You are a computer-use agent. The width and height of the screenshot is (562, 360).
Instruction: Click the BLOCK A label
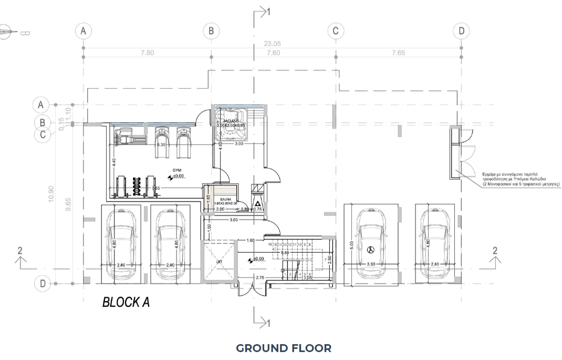(126, 303)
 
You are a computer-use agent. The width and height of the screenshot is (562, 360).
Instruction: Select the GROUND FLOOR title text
(284, 348)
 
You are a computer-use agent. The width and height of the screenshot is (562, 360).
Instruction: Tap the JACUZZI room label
(232, 121)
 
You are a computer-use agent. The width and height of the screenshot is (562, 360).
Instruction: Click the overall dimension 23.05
(273, 44)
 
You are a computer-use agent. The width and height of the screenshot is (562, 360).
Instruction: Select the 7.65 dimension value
(399, 53)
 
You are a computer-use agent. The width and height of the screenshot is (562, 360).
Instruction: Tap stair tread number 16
(270, 245)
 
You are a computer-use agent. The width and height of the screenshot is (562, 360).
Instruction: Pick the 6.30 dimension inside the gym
(161, 145)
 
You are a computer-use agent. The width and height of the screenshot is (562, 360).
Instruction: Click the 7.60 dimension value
(273, 53)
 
